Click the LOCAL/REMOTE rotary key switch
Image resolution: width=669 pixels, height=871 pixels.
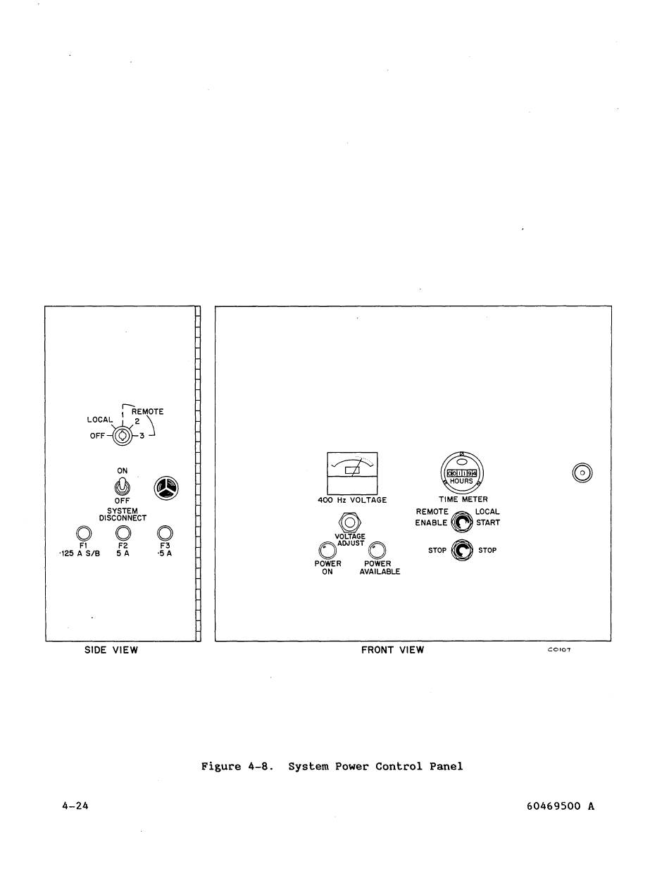click(123, 436)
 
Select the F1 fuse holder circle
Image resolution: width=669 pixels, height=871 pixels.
click(82, 533)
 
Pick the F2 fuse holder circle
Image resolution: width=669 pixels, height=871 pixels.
click(123, 533)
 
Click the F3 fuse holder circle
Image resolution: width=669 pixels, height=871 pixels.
click(165, 533)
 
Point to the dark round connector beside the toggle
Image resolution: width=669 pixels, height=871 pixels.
click(166, 487)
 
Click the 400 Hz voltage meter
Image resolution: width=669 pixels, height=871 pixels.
click(352, 473)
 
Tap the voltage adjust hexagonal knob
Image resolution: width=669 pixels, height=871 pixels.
click(350, 522)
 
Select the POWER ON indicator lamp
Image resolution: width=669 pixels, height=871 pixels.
click(327, 550)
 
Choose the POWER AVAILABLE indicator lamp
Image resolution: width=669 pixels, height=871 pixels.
click(377, 550)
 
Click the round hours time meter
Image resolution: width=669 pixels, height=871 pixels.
click(461, 472)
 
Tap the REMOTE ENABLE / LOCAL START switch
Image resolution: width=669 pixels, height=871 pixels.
click(461, 522)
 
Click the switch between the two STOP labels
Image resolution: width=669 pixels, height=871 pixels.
click(461, 550)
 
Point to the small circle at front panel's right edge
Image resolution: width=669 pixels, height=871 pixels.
click(582, 472)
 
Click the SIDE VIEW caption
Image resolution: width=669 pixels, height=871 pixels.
click(111, 650)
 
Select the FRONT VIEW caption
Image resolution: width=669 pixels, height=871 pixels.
click(392, 650)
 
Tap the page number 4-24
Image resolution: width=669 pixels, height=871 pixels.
click(75, 806)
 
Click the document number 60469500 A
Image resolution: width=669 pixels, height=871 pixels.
click(560, 806)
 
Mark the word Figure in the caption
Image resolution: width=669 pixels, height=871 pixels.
click(221, 766)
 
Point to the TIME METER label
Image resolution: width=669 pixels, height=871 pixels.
click(463, 499)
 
